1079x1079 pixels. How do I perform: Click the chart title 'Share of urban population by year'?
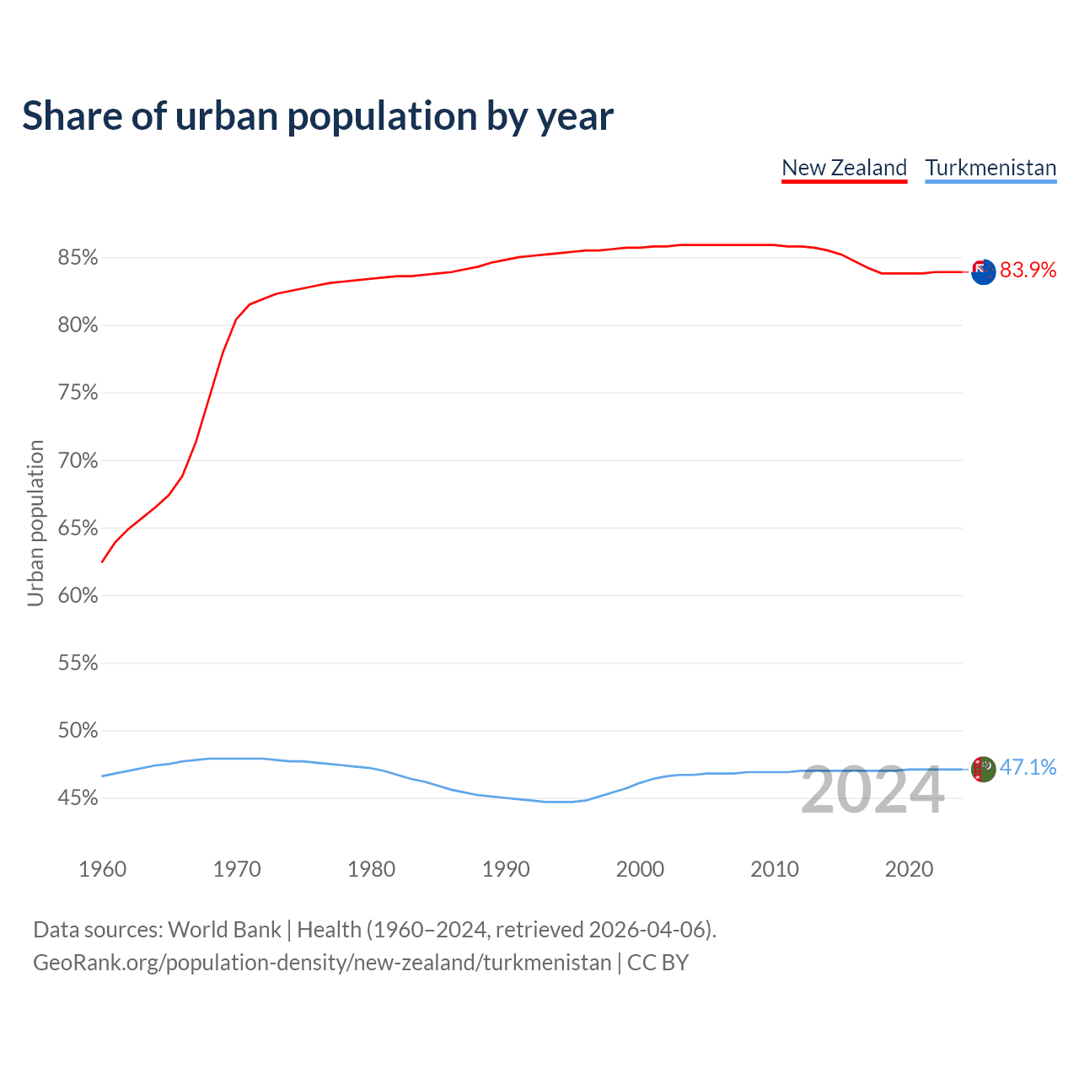point(318,116)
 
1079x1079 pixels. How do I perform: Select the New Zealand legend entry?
point(844,168)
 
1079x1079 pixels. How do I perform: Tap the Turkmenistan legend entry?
point(990,168)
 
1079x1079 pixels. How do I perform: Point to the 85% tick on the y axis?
point(78,258)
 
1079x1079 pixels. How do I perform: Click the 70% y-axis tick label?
point(78,461)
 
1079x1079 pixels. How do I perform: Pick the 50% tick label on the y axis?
point(78,731)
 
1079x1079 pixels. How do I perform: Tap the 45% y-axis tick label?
point(78,798)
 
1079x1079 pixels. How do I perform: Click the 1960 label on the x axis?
point(102,869)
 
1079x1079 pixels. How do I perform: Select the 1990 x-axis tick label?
point(506,869)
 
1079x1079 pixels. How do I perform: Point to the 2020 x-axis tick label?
point(909,869)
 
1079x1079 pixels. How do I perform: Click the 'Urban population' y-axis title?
point(35,523)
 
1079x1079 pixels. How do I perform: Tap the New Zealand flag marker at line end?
point(983,271)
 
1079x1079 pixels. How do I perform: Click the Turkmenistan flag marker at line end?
point(983,769)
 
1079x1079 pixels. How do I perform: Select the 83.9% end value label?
point(1028,271)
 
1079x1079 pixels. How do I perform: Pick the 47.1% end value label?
point(1028,768)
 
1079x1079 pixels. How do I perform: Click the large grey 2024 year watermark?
point(872,791)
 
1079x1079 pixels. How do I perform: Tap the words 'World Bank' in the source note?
point(224,930)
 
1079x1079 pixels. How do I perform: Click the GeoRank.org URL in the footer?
point(322,963)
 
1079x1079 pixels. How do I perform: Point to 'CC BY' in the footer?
point(658,963)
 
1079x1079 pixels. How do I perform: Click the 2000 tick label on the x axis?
point(640,869)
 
